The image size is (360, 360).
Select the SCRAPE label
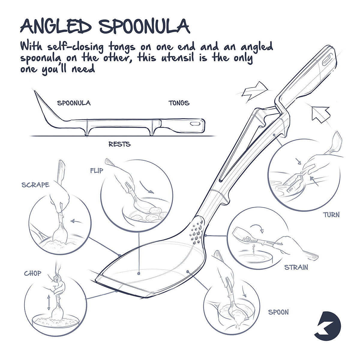pos(35,185)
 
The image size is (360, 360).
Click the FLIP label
pos(96,171)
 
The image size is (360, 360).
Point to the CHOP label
pos(33,273)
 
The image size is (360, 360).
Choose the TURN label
pos(331,215)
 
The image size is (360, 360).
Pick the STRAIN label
pos(296,267)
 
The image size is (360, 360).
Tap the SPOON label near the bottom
pos(278,312)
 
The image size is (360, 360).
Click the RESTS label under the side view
pos(119,144)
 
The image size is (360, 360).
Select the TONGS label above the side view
pos(179,103)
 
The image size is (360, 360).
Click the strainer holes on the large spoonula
pos(197,231)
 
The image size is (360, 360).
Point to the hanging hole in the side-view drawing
pos(196,123)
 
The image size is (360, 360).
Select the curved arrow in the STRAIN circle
pos(257,228)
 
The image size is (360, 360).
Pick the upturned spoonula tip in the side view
pos(37,97)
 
